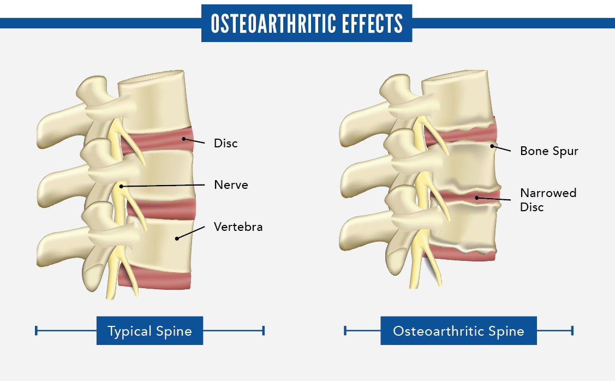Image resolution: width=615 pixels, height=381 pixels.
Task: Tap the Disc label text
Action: (x=226, y=144)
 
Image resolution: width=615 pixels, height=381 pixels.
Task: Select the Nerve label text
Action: (x=231, y=185)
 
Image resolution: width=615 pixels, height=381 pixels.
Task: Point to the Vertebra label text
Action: (x=238, y=227)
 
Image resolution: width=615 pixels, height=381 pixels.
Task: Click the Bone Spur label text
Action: (x=549, y=151)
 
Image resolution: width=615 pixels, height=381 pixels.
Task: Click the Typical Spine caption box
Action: (x=150, y=331)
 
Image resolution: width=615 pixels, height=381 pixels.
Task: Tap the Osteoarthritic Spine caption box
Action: (x=458, y=331)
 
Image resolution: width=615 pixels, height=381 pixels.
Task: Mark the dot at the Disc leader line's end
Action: (x=184, y=139)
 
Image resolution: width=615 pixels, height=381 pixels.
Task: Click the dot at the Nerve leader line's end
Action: (x=121, y=187)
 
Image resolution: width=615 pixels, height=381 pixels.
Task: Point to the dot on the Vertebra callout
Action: (x=176, y=238)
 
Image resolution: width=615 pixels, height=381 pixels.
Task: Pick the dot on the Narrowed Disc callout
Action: (x=476, y=198)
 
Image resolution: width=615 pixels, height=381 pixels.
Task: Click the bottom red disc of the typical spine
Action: (x=158, y=278)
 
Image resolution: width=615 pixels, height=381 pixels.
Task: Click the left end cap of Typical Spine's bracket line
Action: (x=36, y=330)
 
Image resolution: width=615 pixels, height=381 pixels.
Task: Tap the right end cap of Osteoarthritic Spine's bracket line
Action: (x=572, y=330)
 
